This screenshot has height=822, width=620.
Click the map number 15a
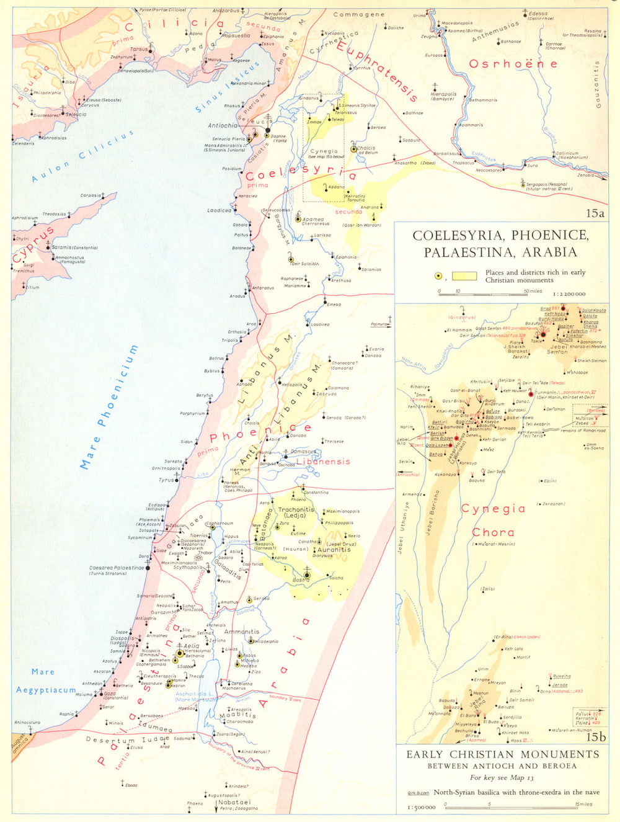click(595, 213)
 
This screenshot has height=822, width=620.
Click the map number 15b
click(595, 737)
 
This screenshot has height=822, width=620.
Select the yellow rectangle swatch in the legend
click(464, 276)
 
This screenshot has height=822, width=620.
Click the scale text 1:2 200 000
click(566, 294)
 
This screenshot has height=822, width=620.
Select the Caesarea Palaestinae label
click(117, 568)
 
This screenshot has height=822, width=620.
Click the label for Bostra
click(301, 579)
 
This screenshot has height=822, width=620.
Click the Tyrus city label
click(166, 480)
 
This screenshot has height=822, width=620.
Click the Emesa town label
click(334, 305)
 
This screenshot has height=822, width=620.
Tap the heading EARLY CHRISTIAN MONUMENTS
click(503, 754)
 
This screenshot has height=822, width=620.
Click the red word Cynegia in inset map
click(493, 509)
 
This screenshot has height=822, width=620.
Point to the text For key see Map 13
click(502, 777)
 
